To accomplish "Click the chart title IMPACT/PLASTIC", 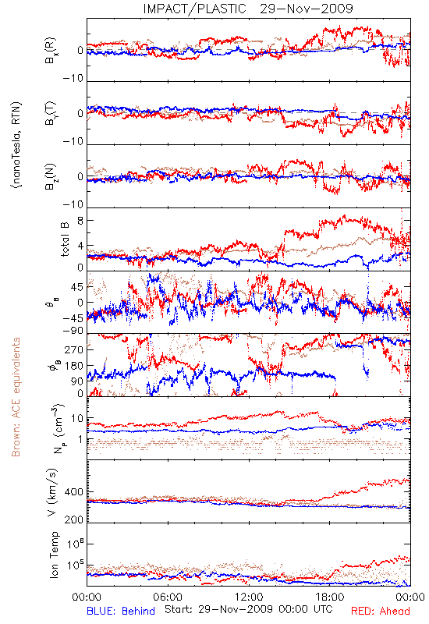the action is [x=194, y=9].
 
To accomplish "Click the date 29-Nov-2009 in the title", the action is [x=307, y=9].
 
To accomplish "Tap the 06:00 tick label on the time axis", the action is [x=168, y=597].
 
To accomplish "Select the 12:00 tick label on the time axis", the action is [x=249, y=597].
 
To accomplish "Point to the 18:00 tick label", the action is [x=330, y=597].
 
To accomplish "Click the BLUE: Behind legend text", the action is [x=121, y=611].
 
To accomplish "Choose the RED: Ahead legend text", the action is [x=381, y=611].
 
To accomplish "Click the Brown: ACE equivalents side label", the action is [x=16, y=397].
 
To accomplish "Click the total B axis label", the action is [x=65, y=239].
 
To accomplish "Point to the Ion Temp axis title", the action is [x=54, y=555].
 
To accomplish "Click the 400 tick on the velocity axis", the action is [x=74, y=492].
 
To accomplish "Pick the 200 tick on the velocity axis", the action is [x=74, y=519].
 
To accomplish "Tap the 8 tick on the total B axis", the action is [x=80, y=221].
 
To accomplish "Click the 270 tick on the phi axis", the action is [x=74, y=349].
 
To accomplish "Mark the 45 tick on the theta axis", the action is [x=77, y=287].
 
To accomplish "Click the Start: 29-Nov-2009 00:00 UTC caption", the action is [x=248, y=609].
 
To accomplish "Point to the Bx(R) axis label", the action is [x=51, y=51].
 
